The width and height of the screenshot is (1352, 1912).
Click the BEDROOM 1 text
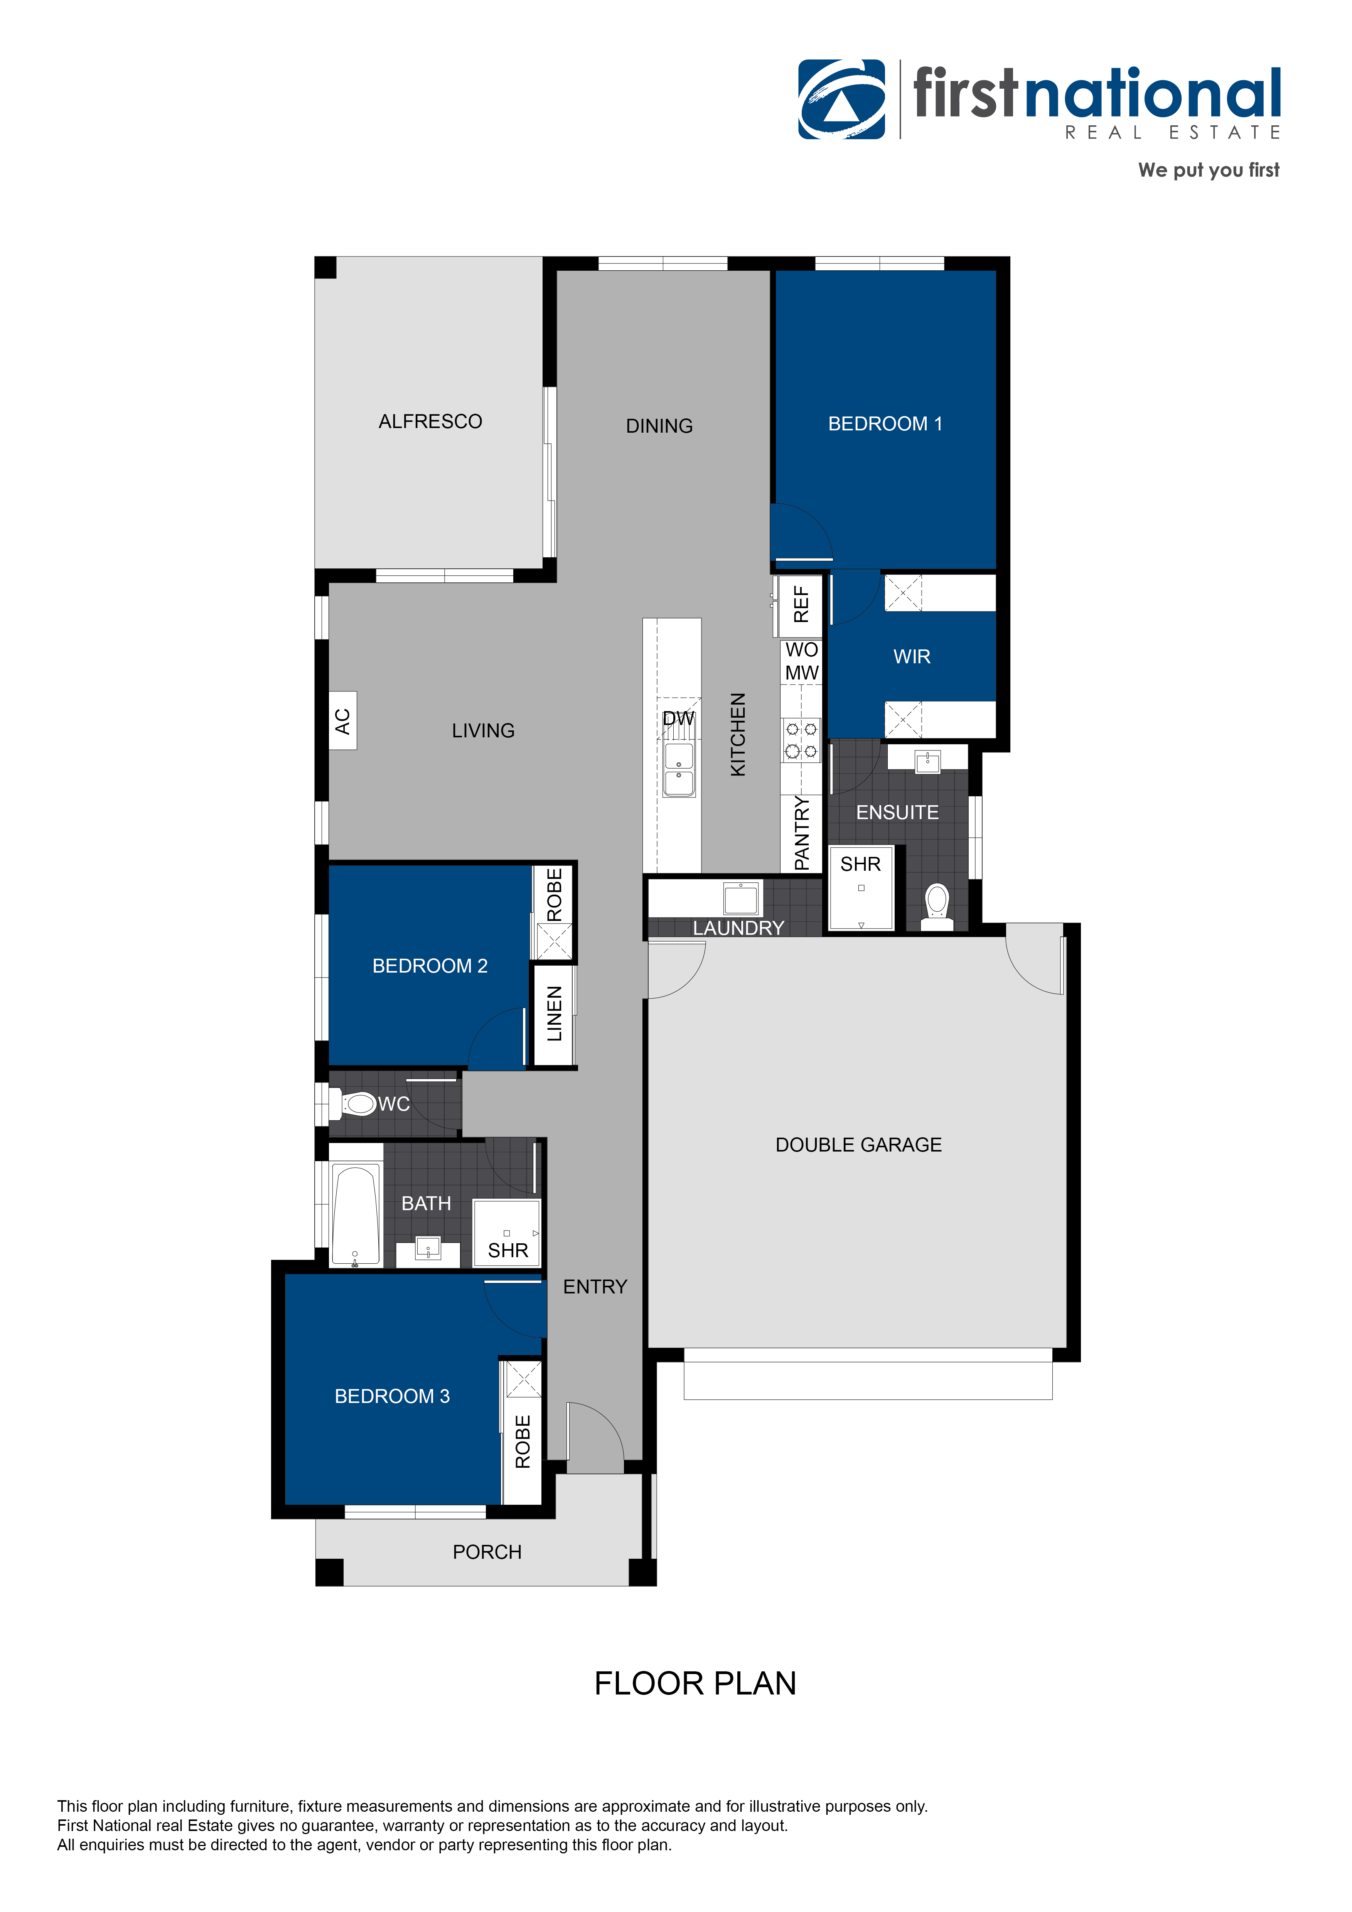coord(885,424)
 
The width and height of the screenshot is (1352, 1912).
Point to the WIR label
coord(912,657)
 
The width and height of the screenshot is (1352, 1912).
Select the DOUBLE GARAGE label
coord(858,1145)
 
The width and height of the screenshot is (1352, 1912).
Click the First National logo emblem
coord(842,99)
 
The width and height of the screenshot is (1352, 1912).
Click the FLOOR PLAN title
coord(695,1684)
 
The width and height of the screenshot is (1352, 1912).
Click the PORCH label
coord(487,1552)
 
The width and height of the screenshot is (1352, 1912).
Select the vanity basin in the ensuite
coord(927,760)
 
